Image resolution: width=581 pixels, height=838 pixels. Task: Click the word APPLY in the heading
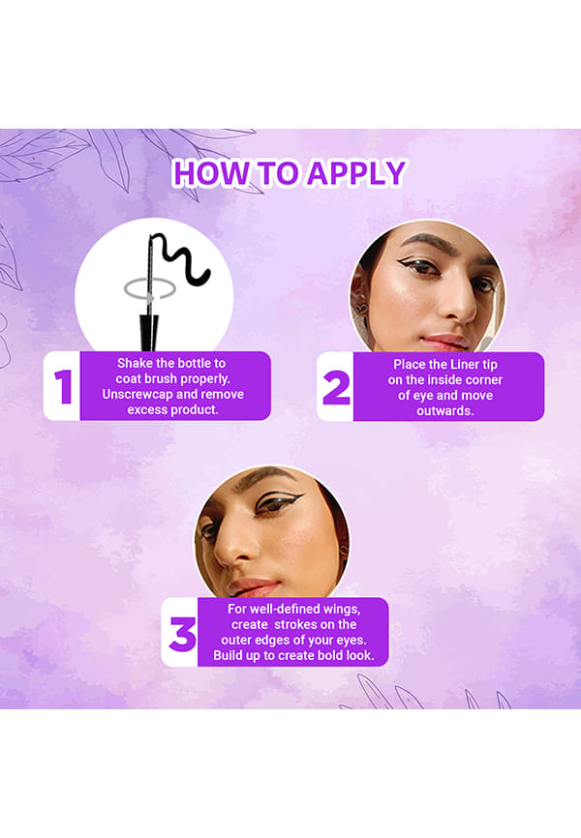[x=356, y=173]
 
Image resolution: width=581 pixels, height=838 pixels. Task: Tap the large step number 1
[x=63, y=386]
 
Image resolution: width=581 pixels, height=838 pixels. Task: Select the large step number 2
[x=337, y=388]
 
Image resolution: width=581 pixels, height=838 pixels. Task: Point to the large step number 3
[x=182, y=634]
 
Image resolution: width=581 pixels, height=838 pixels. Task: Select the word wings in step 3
[x=341, y=610]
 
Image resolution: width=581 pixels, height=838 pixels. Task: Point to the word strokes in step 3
[x=296, y=624]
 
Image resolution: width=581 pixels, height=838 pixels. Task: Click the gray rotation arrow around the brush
[x=149, y=289]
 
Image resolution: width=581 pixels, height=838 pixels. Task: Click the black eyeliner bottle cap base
[x=149, y=333]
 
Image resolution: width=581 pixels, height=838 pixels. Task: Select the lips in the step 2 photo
[x=445, y=341]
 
